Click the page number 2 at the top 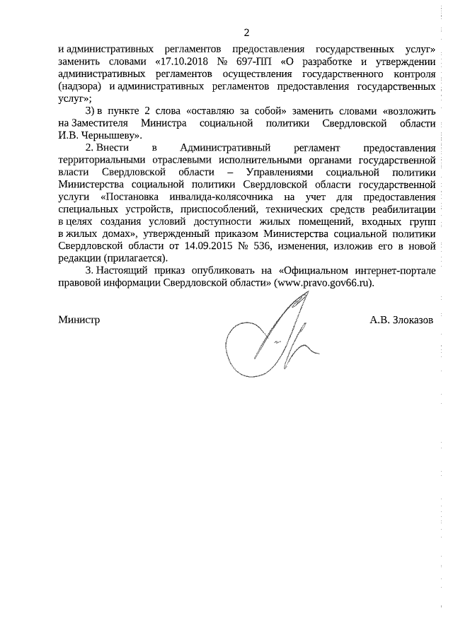[x=246, y=33]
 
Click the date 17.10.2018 [x=182, y=62]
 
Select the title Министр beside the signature [x=79, y=320]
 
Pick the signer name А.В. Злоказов [x=402, y=320]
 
